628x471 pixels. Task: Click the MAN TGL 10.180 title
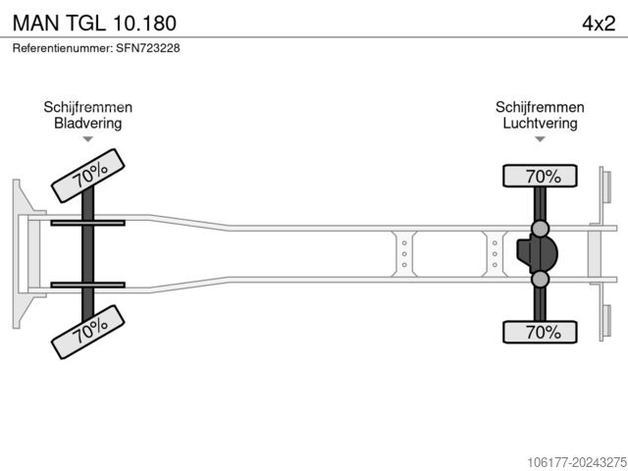[94, 23]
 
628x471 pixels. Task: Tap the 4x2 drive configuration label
[599, 24]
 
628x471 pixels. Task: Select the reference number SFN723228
[148, 48]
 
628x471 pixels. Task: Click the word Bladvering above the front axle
[87, 123]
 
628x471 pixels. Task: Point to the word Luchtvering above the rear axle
[540, 123]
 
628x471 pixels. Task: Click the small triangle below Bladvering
[87, 139]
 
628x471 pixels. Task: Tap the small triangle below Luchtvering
[540, 139]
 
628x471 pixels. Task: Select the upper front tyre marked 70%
[88, 176]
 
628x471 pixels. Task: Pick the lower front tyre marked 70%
[88, 332]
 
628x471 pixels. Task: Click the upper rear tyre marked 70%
[540, 176]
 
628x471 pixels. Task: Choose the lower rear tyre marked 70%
[540, 332]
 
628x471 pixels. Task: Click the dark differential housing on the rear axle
[537, 253]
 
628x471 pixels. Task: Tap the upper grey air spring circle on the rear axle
[540, 229]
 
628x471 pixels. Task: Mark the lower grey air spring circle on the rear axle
[540, 279]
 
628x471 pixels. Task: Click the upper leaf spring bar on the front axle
[87, 223]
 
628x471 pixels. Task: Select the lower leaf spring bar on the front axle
[87, 285]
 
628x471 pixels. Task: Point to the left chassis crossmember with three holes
[404, 254]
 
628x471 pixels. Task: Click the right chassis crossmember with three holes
[495, 254]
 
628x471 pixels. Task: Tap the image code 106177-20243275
[577, 462]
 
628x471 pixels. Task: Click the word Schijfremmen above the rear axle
[540, 107]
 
